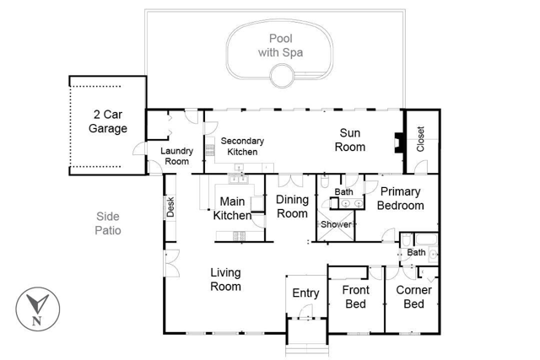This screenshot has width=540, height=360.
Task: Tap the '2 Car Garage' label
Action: point(110,121)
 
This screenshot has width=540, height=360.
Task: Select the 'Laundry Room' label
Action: point(176,156)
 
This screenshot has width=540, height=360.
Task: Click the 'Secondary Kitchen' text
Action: point(242,147)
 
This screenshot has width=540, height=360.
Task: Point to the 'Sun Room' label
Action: point(352,140)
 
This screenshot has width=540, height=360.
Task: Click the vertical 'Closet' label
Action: point(421,137)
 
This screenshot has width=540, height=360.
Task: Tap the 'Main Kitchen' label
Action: point(232,208)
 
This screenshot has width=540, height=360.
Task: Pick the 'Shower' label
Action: point(335,224)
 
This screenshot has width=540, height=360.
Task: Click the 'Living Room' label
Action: point(225,279)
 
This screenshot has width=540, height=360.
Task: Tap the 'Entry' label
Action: point(305,293)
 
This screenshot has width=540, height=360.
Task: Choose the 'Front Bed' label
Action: point(355,297)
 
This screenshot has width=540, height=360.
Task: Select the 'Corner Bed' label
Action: point(408,297)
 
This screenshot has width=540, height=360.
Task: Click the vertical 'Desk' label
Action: point(170,207)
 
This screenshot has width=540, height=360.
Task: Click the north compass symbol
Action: point(36,307)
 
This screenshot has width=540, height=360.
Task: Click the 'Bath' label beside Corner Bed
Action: point(416,252)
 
